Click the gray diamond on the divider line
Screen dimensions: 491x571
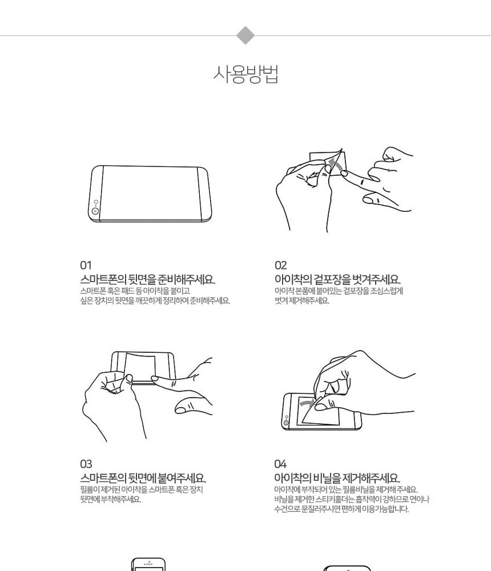pos(246,35)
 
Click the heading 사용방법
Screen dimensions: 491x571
pos(246,74)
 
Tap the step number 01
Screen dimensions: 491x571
pos(86,265)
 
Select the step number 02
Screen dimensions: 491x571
pos(281,265)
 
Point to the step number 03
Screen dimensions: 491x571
pos(86,464)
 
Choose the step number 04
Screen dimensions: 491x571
pos(280,464)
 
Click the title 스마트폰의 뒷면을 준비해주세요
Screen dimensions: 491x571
pos(147,279)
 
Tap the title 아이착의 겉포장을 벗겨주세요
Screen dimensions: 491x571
pos(337,279)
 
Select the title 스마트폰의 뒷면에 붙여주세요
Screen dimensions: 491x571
pos(143,478)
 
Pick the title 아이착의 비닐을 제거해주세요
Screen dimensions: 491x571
pos(337,478)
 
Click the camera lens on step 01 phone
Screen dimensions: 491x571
pos(95,211)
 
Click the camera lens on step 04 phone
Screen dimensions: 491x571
pos(286,423)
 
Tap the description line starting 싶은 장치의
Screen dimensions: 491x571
pos(155,301)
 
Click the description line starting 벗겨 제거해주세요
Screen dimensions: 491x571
pos(301,301)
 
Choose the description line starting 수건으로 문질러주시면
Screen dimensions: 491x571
pos(341,509)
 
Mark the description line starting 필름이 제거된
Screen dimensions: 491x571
pos(142,490)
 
